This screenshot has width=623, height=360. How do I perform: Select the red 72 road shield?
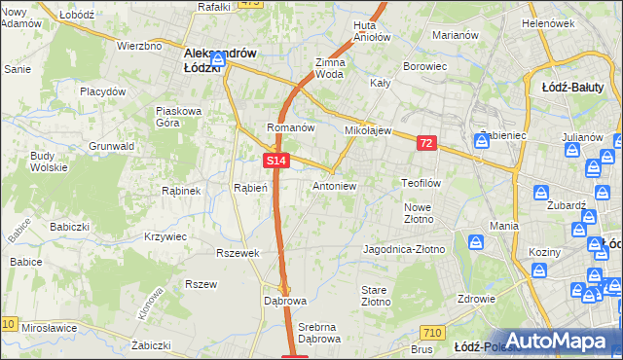pos(426,143)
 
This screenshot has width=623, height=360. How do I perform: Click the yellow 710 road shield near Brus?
pos(434,332)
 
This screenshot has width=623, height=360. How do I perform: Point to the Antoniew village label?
pos(334,185)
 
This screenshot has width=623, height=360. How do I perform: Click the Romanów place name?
pos(290,127)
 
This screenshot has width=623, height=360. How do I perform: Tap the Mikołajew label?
pos(367,129)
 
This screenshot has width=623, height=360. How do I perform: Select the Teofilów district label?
pos(422,182)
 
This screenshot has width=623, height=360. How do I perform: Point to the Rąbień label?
pos(250,188)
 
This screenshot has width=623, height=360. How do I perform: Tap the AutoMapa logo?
pos(555,341)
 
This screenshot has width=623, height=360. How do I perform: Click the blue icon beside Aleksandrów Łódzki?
pos(218,60)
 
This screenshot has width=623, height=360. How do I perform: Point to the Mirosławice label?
pos(49,328)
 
